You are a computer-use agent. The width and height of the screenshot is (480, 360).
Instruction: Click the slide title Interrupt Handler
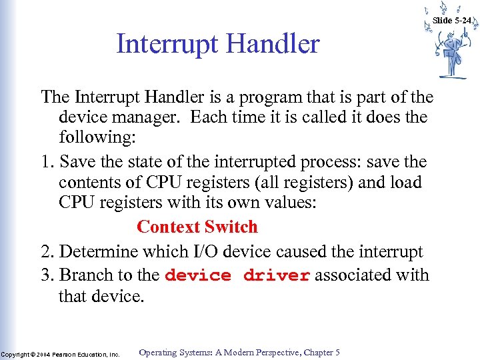pyautogui.click(x=218, y=45)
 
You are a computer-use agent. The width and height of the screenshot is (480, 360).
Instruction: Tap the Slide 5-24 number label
pyautogui.click(x=451, y=21)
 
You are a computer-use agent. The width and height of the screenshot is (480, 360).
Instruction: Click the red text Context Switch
pyautogui.click(x=197, y=227)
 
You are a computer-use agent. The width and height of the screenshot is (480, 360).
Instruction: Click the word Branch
pyautogui.click(x=85, y=275)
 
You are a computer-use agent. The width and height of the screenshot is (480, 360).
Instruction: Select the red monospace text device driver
pyautogui.click(x=237, y=275)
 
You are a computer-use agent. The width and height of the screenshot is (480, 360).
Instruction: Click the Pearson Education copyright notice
pyautogui.click(x=60, y=354)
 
